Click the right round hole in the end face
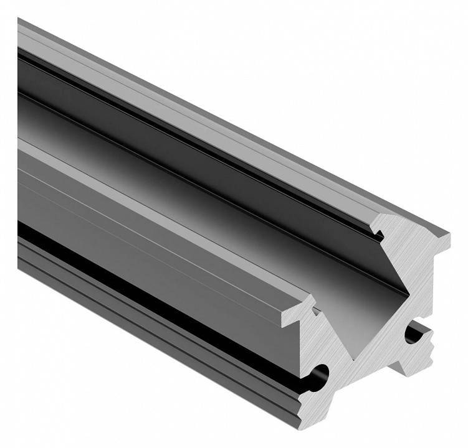coord(413,335)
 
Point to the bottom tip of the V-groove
coord(357,358)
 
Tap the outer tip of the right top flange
coord(447,235)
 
